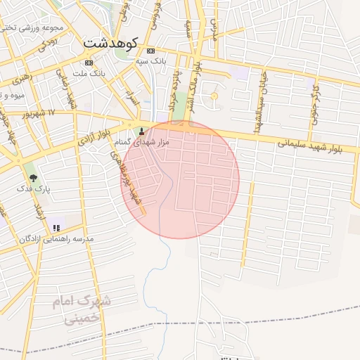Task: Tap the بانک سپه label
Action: pos(151,62)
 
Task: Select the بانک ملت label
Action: pos(89,73)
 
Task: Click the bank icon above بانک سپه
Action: pos(150,51)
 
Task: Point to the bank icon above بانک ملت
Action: pos(88,63)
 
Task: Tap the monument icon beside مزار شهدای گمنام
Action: pos(143,131)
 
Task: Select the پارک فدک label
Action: pos(33,189)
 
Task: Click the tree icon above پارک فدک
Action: pos(32,176)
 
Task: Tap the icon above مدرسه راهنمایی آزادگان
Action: pos(58,227)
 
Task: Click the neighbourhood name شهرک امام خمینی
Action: pos(84,309)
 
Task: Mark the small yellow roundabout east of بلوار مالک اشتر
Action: pos(214,96)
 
